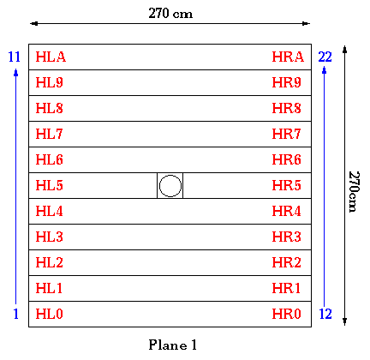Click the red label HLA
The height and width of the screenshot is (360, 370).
pyautogui.click(x=51, y=57)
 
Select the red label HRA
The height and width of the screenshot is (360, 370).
pyautogui.click(x=288, y=57)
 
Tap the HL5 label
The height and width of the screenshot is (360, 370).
pyautogui.click(x=49, y=185)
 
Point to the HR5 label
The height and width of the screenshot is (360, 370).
pyautogui.click(x=286, y=185)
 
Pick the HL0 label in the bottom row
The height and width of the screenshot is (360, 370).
pyautogui.click(x=49, y=314)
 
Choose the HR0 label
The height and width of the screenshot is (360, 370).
pyautogui.click(x=286, y=314)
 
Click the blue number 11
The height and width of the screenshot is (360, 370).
pyautogui.click(x=15, y=57)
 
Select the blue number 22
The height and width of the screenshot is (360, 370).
pyautogui.click(x=325, y=57)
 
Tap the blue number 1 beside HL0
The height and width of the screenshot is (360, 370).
pyautogui.click(x=16, y=314)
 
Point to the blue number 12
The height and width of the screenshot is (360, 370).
pyautogui.click(x=325, y=314)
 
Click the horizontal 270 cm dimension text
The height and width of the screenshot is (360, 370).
pyautogui.click(x=170, y=13)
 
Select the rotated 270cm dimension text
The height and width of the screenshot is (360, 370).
pyautogui.click(x=354, y=191)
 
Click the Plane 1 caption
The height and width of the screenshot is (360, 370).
pyautogui.click(x=172, y=345)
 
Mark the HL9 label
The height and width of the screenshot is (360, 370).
pyautogui.click(x=49, y=82)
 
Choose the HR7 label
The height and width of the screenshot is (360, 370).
pyautogui.click(x=286, y=134)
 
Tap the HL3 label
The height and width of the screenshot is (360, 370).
pyautogui.click(x=49, y=237)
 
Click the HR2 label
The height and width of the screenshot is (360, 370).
pyautogui.click(x=286, y=262)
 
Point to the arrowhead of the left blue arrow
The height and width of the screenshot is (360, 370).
pyautogui.click(x=16, y=72)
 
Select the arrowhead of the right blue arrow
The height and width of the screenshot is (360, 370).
pyautogui.click(x=325, y=70)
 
